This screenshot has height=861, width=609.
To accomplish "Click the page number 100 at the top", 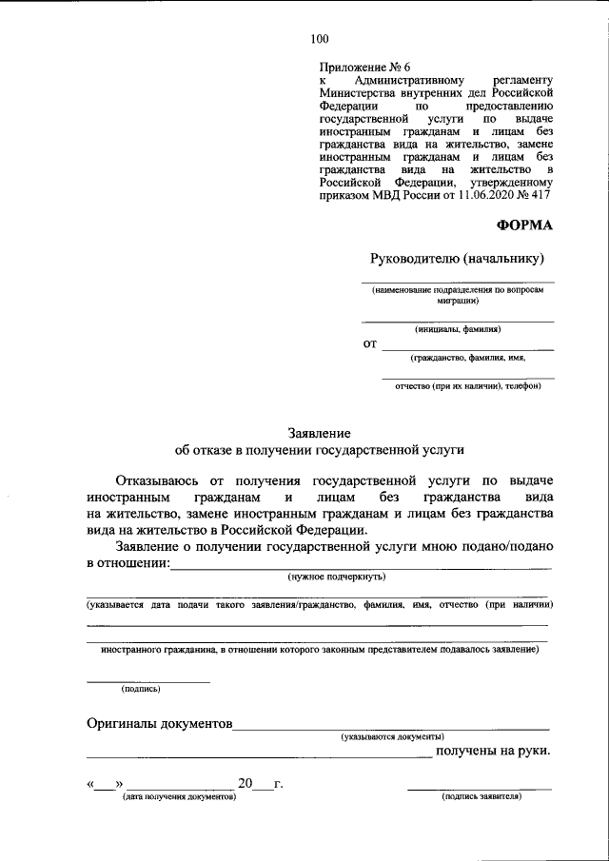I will (319, 39).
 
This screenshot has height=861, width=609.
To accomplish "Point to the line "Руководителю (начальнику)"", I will (457, 258).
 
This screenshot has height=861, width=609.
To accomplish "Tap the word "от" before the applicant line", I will (370, 342).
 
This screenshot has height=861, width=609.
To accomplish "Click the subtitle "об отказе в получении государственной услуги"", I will (319, 449).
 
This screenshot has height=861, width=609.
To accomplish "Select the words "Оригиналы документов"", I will (160, 723).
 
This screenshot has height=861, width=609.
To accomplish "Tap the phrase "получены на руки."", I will (493, 753).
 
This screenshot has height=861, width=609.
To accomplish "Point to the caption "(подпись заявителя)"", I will (481, 797).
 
